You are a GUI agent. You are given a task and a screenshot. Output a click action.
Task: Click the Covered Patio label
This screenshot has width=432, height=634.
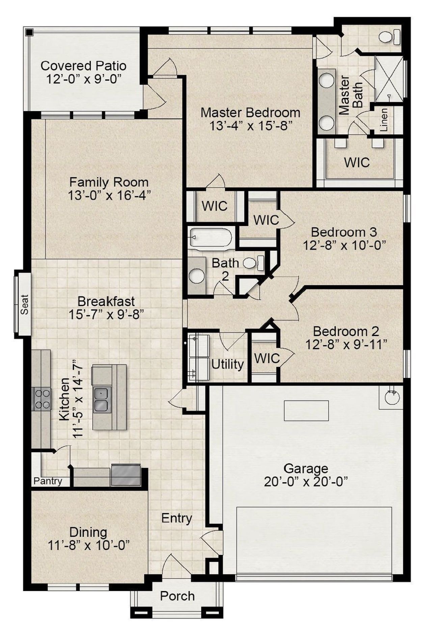point(83,66)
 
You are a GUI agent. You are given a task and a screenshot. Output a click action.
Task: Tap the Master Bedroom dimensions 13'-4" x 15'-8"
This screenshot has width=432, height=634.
point(250,126)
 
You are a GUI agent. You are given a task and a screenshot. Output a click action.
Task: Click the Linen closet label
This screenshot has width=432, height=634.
point(384,120)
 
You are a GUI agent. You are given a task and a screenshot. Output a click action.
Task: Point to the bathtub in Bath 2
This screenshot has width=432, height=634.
point(211,237)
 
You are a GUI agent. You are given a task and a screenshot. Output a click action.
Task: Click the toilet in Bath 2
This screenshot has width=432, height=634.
point(253,263)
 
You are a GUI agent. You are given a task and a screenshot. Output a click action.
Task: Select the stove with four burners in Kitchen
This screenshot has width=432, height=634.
point(42,399)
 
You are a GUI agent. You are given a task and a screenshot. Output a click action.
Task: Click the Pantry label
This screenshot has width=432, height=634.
point(48,481)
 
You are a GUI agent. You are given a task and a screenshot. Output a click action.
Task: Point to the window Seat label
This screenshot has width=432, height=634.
point(25,305)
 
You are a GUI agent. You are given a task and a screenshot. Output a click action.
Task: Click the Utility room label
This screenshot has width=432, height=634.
point(227,364)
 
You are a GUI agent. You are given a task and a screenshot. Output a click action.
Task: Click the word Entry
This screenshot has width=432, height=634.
point(177,518)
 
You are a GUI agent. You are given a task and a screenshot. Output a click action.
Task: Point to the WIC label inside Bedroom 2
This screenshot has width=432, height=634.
point(267,358)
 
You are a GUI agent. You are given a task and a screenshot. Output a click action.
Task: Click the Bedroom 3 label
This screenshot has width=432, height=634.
point(344,232)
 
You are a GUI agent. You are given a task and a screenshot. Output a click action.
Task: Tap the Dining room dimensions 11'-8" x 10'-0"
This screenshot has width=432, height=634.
point(89,545)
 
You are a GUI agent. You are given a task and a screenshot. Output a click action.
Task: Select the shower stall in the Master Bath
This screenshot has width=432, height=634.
point(389,80)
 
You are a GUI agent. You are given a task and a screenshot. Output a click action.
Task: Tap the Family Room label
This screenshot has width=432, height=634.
point(109,182)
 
